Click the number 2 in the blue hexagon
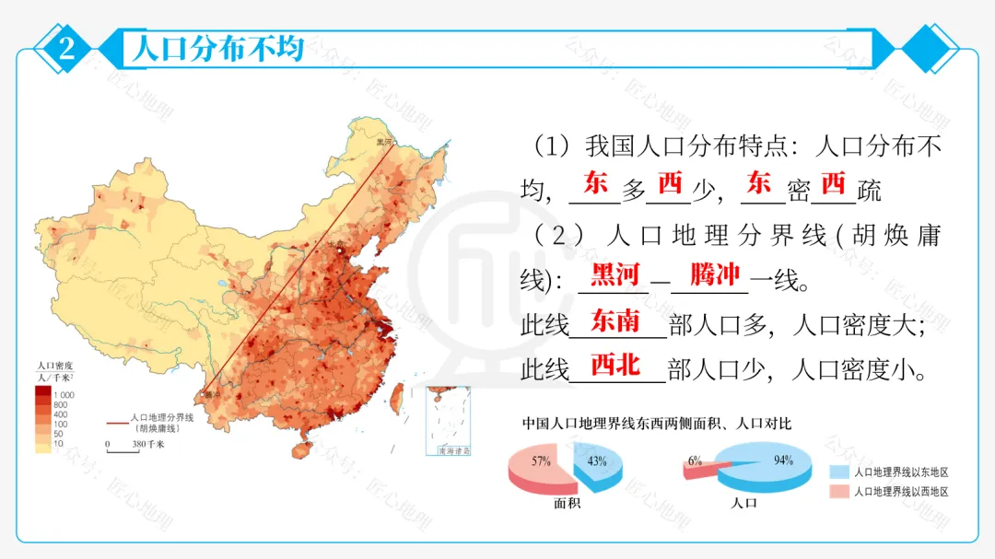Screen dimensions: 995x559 pyautogui.click(x=65, y=49)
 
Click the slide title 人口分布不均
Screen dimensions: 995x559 pyautogui.click(x=217, y=49)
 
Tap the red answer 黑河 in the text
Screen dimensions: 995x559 pyautogui.click(x=615, y=274)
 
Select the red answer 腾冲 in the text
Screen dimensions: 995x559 pyautogui.click(x=715, y=274)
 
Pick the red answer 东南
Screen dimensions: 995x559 pyautogui.click(x=615, y=320)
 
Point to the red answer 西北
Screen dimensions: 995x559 pyautogui.click(x=615, y=366)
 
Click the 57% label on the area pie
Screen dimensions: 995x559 pyautogui.click(x=542, y=460)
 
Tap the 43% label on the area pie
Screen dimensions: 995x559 pyautogui.click(x=597, y=461)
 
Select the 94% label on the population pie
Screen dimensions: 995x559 pyautogui.click(x=784, y=461)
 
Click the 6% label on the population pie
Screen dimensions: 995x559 pyautogui.click(x=695, y=460)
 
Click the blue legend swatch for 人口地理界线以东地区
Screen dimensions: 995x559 pyautogui.click(x=837, y=472)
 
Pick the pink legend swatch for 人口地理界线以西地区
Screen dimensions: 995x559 pyautogui.click(x=837, y=492)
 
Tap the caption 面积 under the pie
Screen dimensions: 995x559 pyautogui.click(x=567, y=504)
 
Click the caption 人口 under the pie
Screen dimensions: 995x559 pyautogui.click(x=743, y=504)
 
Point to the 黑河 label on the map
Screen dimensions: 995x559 pyautogui.click(x=383, y=142)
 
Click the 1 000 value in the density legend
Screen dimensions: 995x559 pyautogui.click(x=64, y=394)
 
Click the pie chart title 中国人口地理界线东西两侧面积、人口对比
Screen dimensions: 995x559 pyautogui.click(x=657, y=425)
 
